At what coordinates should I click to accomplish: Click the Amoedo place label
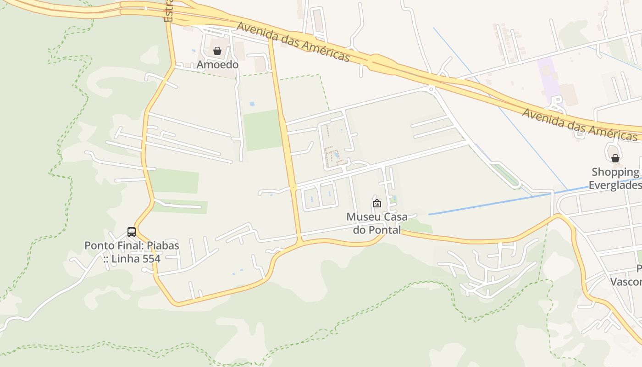click(217, 65)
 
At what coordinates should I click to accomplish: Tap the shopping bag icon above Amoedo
click(217, 50)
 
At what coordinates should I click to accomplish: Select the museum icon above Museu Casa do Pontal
click(376, 203)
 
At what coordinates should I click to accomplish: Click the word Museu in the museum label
click(361, 217)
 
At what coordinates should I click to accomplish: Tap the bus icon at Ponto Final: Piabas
click(132, 232)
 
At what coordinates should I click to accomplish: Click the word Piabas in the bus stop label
click(163, 245)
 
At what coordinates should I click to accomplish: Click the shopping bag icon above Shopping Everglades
click(615, 158)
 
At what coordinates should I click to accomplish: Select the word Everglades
click(614, 185)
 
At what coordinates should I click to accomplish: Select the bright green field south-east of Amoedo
click(262, 130)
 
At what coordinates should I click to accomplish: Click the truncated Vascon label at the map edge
click(626, 281)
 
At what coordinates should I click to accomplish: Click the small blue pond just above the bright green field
click(252, 104)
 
